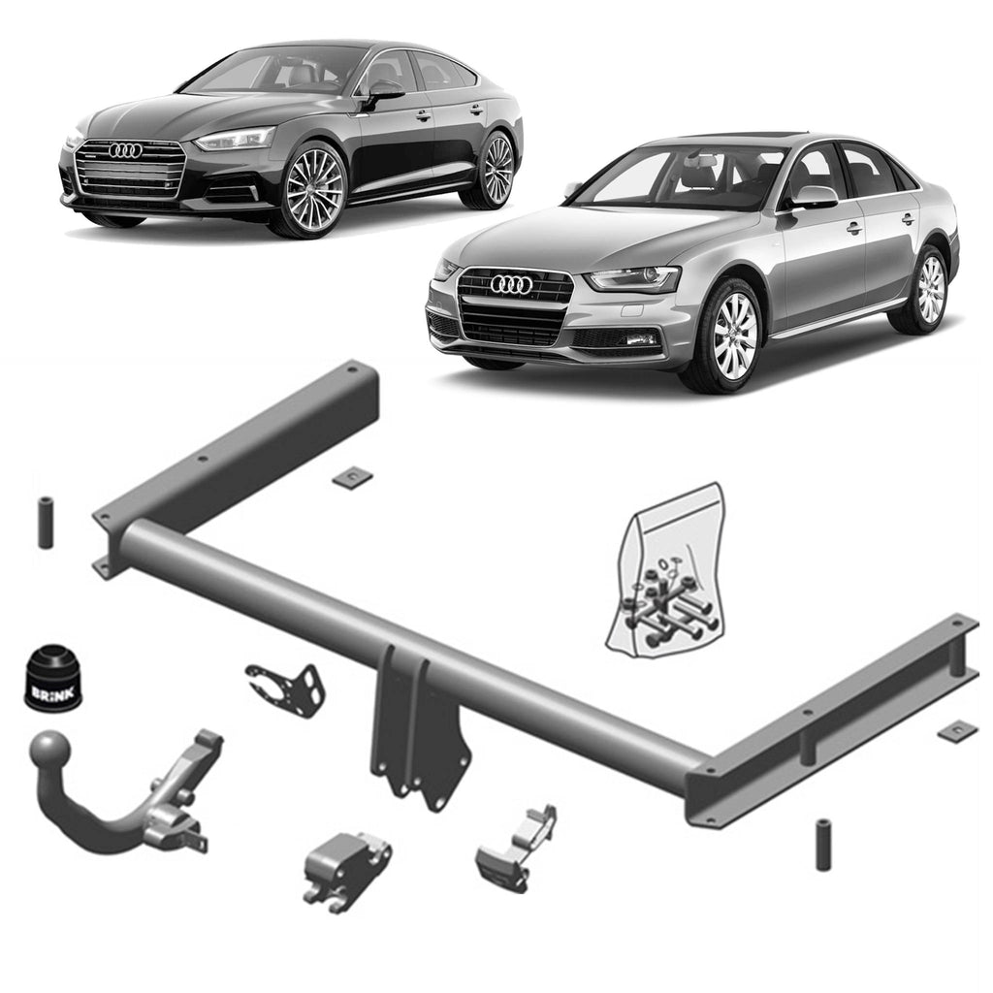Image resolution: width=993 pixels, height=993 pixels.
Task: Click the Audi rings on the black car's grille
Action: click(x=125, y=150)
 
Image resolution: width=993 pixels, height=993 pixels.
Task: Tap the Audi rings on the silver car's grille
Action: click(x=510, y=284)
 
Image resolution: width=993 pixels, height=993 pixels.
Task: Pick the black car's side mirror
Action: click(x=384, y=90)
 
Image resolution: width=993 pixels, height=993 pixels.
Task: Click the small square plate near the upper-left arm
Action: click(x=352, y=477)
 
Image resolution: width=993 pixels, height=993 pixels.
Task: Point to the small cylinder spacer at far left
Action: click(x=46, y=523)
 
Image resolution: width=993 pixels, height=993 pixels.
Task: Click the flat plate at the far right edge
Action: click(x=957, y=731)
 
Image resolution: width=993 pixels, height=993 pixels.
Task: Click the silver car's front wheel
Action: click(x=734, y=336)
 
